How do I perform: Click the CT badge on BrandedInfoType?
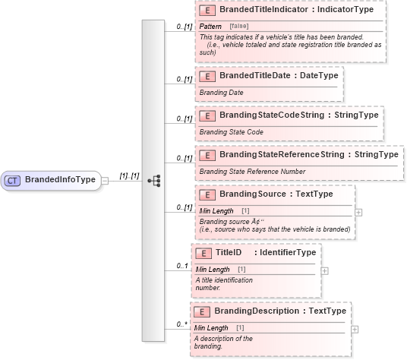[x=12, y=180]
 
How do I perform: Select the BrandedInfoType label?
[x=60, y=180]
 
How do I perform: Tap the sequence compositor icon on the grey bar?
[x=153, y=180]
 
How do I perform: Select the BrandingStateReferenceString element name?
[x=280, y=154]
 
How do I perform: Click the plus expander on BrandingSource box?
[x=358, y=213]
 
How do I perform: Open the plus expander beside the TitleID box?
[x=324, y=270]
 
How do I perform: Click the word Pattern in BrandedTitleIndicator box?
[x=210, y=27]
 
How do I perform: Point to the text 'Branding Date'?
[x=220, y=92]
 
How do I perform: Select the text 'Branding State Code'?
[x=231, y=131]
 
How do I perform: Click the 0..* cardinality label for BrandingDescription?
[x=182, y=324]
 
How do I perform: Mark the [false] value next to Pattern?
[x=239, y=27]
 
